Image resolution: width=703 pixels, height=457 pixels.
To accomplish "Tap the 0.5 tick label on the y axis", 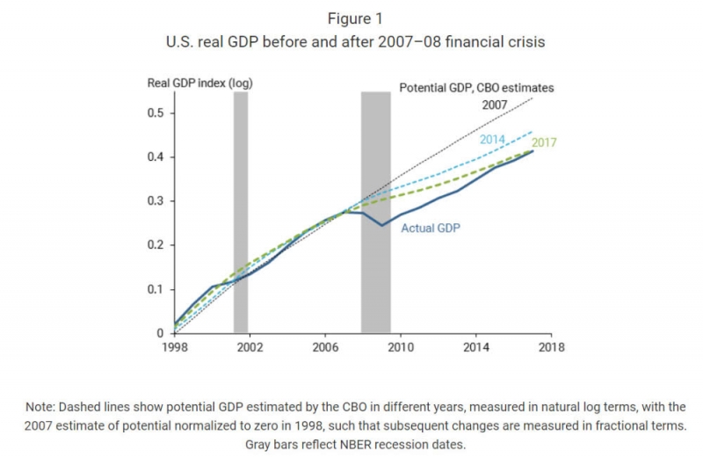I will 158,113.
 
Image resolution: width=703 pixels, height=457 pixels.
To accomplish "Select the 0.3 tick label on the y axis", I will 158,201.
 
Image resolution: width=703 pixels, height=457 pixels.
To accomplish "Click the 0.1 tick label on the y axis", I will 158,289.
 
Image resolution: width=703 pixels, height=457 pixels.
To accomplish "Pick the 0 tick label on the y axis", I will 162,333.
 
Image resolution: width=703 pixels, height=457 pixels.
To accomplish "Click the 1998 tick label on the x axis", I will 174,347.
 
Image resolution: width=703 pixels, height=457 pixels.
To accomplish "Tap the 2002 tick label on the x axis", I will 250,347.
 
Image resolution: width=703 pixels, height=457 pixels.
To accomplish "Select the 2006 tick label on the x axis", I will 325,347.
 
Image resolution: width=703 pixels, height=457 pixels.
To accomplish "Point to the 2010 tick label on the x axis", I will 401,347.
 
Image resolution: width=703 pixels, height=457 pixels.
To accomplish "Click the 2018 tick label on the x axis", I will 552,347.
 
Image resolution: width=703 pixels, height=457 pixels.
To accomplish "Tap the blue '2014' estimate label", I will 492,140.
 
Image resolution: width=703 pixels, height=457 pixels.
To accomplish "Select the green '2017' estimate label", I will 545,142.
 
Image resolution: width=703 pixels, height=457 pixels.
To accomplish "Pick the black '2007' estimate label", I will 495,105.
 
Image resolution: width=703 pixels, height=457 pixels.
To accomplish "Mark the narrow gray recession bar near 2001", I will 240,211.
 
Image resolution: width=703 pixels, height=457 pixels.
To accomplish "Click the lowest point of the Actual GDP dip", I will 381,225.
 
